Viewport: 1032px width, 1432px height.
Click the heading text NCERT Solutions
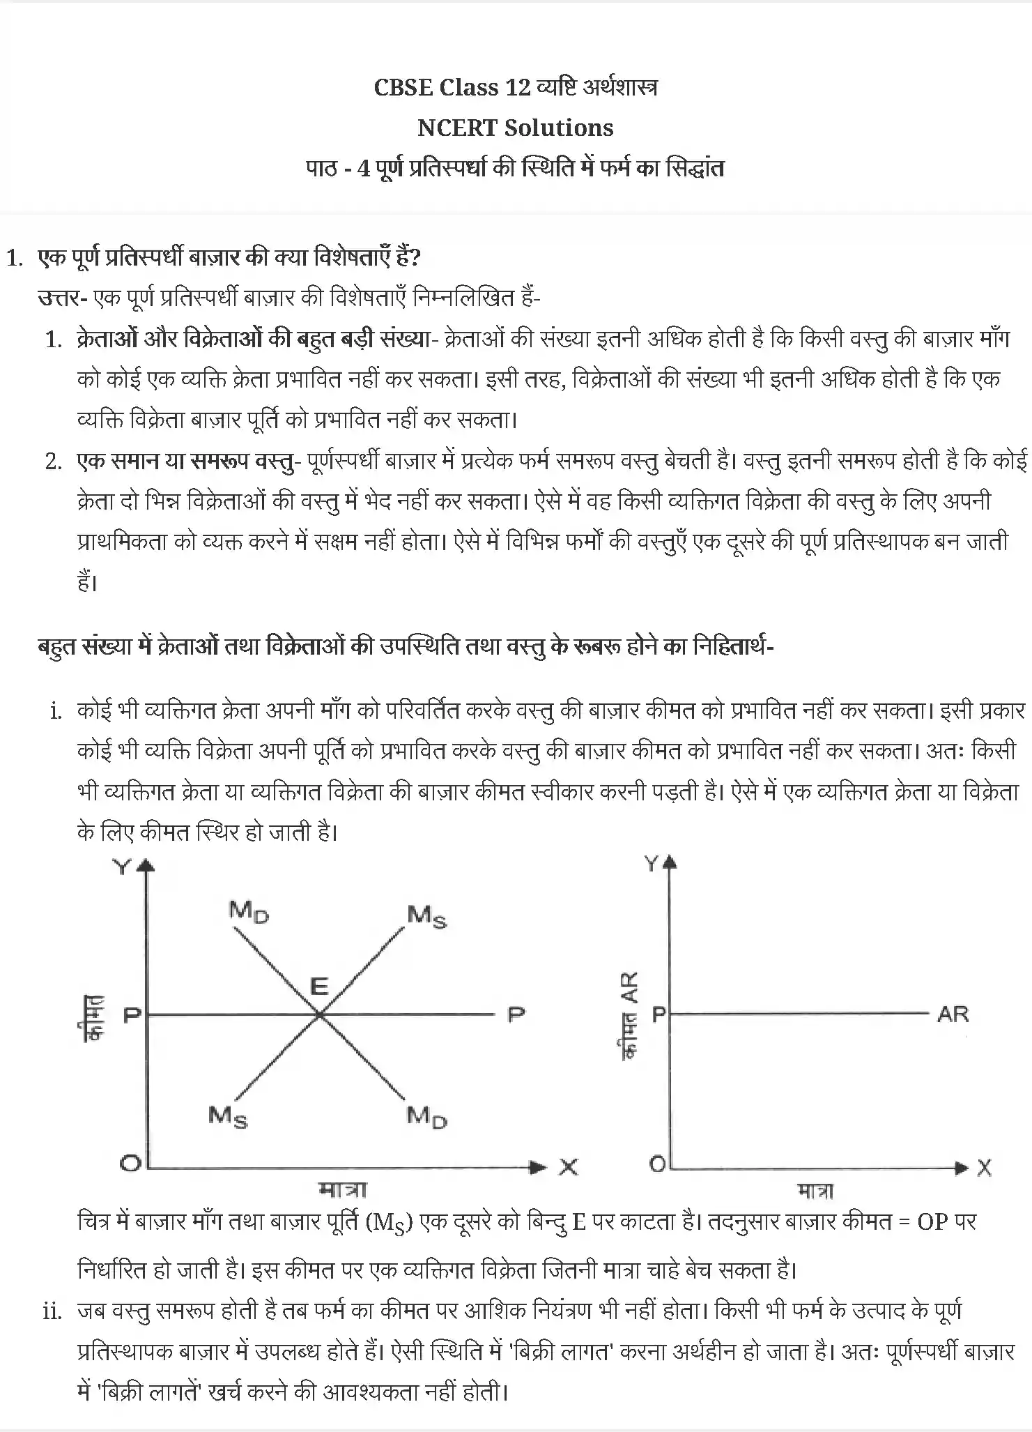(x=515, y=128)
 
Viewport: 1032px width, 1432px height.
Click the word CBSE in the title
(x=402, y=87)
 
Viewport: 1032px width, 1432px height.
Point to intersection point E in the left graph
(x=319, y=1015)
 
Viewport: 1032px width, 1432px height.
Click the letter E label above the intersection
(x=318, y=986)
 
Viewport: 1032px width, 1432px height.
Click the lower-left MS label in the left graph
(x=228, y=1117)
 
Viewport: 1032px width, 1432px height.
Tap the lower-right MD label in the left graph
(x=426, y=1117)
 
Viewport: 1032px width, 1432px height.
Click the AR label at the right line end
(x=953, y=1014)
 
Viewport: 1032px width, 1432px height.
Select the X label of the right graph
(x=984, y=1168)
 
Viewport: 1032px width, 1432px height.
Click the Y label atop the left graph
(x=122, y=867)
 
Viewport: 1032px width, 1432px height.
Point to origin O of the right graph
(x=657, y=1163)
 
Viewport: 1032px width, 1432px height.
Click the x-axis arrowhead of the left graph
(x=538, y=1166)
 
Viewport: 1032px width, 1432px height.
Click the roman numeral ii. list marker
(x=53, y=1311)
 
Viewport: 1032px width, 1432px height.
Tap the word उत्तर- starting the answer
(x=62, y=298)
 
